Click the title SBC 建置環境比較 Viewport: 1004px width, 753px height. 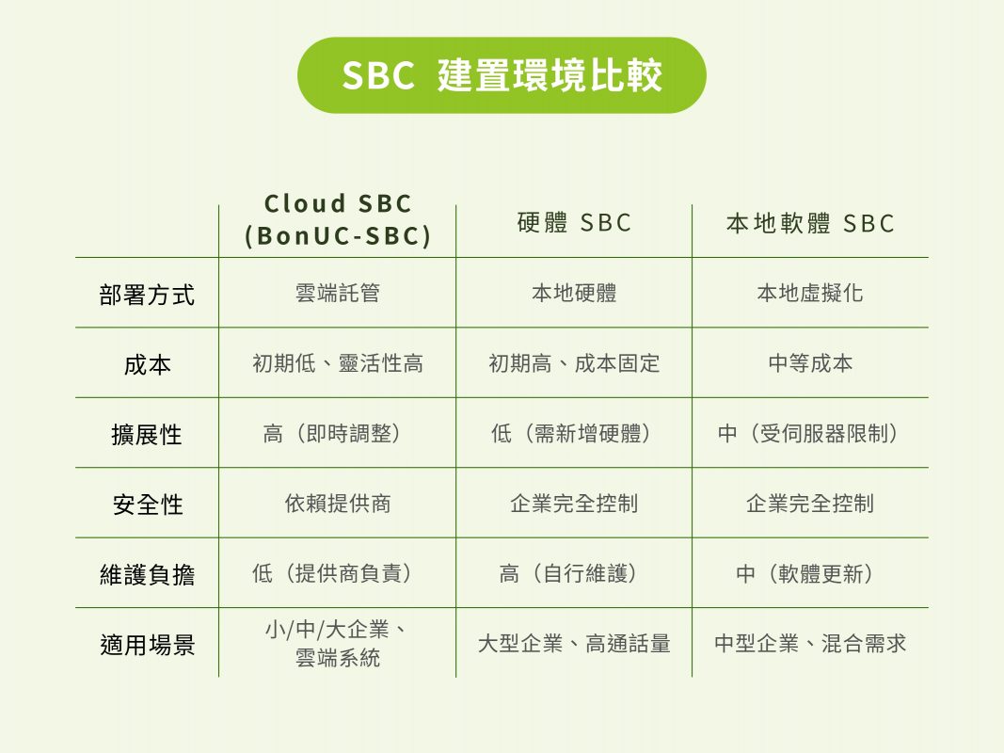pyautogui.click(x=502, y=75)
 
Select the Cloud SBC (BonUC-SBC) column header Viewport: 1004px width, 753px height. pyautogui.click(x=338, y=219)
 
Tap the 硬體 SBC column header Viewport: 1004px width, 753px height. pyautogui.click(x=574, y=223)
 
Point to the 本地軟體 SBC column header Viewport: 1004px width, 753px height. pyautogui.click(x=810, y=223)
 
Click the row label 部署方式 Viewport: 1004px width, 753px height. pyautogui.click(x=147, y=296)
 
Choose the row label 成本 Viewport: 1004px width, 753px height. pyautogui.click(x=148, y=365)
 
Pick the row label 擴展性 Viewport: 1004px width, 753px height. pyautogui.click(x=147, y=435)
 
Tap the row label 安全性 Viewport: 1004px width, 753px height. pyautogui.click(x=148, y=505)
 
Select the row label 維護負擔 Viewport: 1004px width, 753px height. pyautogui.click(x=147, y=574)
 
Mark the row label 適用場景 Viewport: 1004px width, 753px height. pyautogui.click(x=147, y=644)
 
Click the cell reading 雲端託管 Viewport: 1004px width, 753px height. pyautogui.click(x=338, y=294)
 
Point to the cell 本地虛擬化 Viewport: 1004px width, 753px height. pyautogui.click(x=810, y=294)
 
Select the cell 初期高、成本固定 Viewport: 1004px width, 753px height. pyautogui.click(x=574, y=363)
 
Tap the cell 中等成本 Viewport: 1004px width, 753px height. pyautogui.click(x=810, y=363)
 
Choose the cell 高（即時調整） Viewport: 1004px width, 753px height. pyautogui.click(x=332, y=434)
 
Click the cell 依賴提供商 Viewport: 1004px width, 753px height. pyautogui.click(x=338, y=504)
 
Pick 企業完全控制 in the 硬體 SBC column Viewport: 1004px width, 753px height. pyautogui.click(x=574, y=504)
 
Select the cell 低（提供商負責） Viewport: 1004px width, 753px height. pyautogui.click(x=332, y=573)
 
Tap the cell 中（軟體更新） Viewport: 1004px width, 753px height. pyautogui.click(x=805, y=573)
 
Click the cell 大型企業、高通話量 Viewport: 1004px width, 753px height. pyautogui.click(x=574, y=643)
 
